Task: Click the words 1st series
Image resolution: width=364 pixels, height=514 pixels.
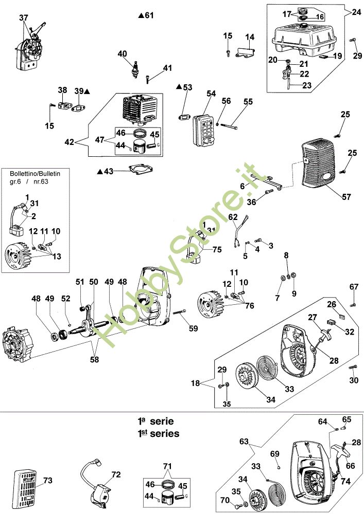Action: (x=159, y=433)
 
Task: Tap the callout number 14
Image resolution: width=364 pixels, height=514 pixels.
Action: (x=250, y=36)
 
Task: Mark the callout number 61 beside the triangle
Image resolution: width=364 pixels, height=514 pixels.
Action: (x=149, y=15)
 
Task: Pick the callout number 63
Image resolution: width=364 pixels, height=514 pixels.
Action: (x=244, y=440)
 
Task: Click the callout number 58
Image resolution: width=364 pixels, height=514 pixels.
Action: (x=95, y=360)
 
